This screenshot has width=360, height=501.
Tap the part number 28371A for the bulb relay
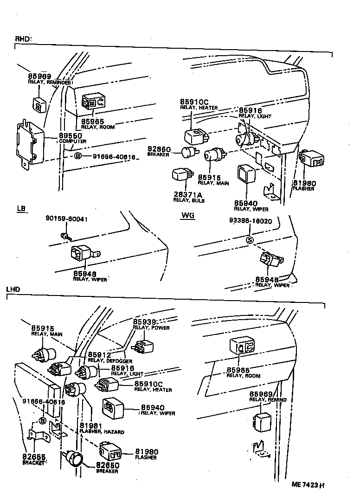tap(186, 195)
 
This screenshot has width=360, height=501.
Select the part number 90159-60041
tap(67, 218)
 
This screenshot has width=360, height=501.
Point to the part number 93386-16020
tap(251, 222)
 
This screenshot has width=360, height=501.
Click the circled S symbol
tap(250, 239)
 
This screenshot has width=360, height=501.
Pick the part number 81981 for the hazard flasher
tap(90, 426)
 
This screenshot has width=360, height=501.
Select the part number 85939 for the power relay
tap(144, 322)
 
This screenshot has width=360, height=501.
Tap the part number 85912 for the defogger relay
tap(100, 355)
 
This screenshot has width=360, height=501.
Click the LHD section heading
tap(13, 289)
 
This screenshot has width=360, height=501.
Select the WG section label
tap(188, 216)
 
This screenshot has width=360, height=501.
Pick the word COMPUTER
tap(72, 141)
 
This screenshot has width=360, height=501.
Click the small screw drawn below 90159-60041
tap(67, 237)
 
